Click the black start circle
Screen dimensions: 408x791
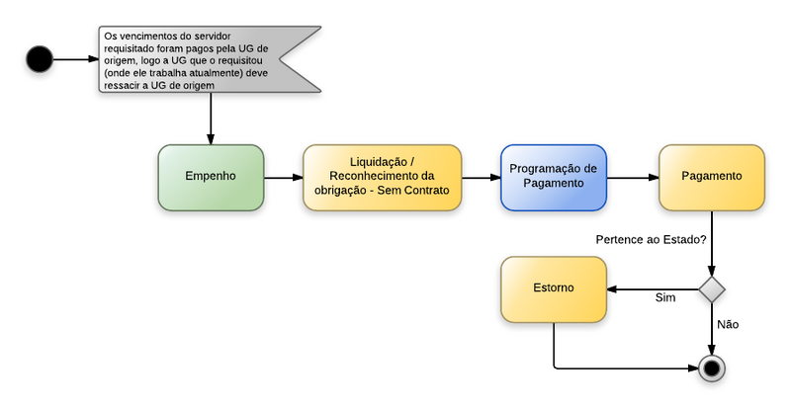click(x=40, y=59)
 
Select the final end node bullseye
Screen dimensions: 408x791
click(x=710, y=368)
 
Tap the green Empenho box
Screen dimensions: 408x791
click(x=211, y=178)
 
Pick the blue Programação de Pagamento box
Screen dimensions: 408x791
click(x=553, y=178)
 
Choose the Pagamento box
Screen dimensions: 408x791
click(x=712, y=178)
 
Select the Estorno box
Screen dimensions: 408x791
click(x=553, y=289)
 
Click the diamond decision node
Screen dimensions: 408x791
click(x=711, y=289)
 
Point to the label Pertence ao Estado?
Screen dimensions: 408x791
click(x=651, y=240)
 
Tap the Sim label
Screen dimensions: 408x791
click(x=665, y=297)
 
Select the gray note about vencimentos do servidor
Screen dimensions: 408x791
click(x=208, y=59)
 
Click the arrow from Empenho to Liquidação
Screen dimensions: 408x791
click(x=284, y=178)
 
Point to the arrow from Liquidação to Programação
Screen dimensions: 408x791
click(x=482, y=178)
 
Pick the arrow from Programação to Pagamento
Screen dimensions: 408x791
click(x=633, y=178)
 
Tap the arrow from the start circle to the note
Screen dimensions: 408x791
click(x=75, y=59)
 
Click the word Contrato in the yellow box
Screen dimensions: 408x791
click(x=424, y=190)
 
